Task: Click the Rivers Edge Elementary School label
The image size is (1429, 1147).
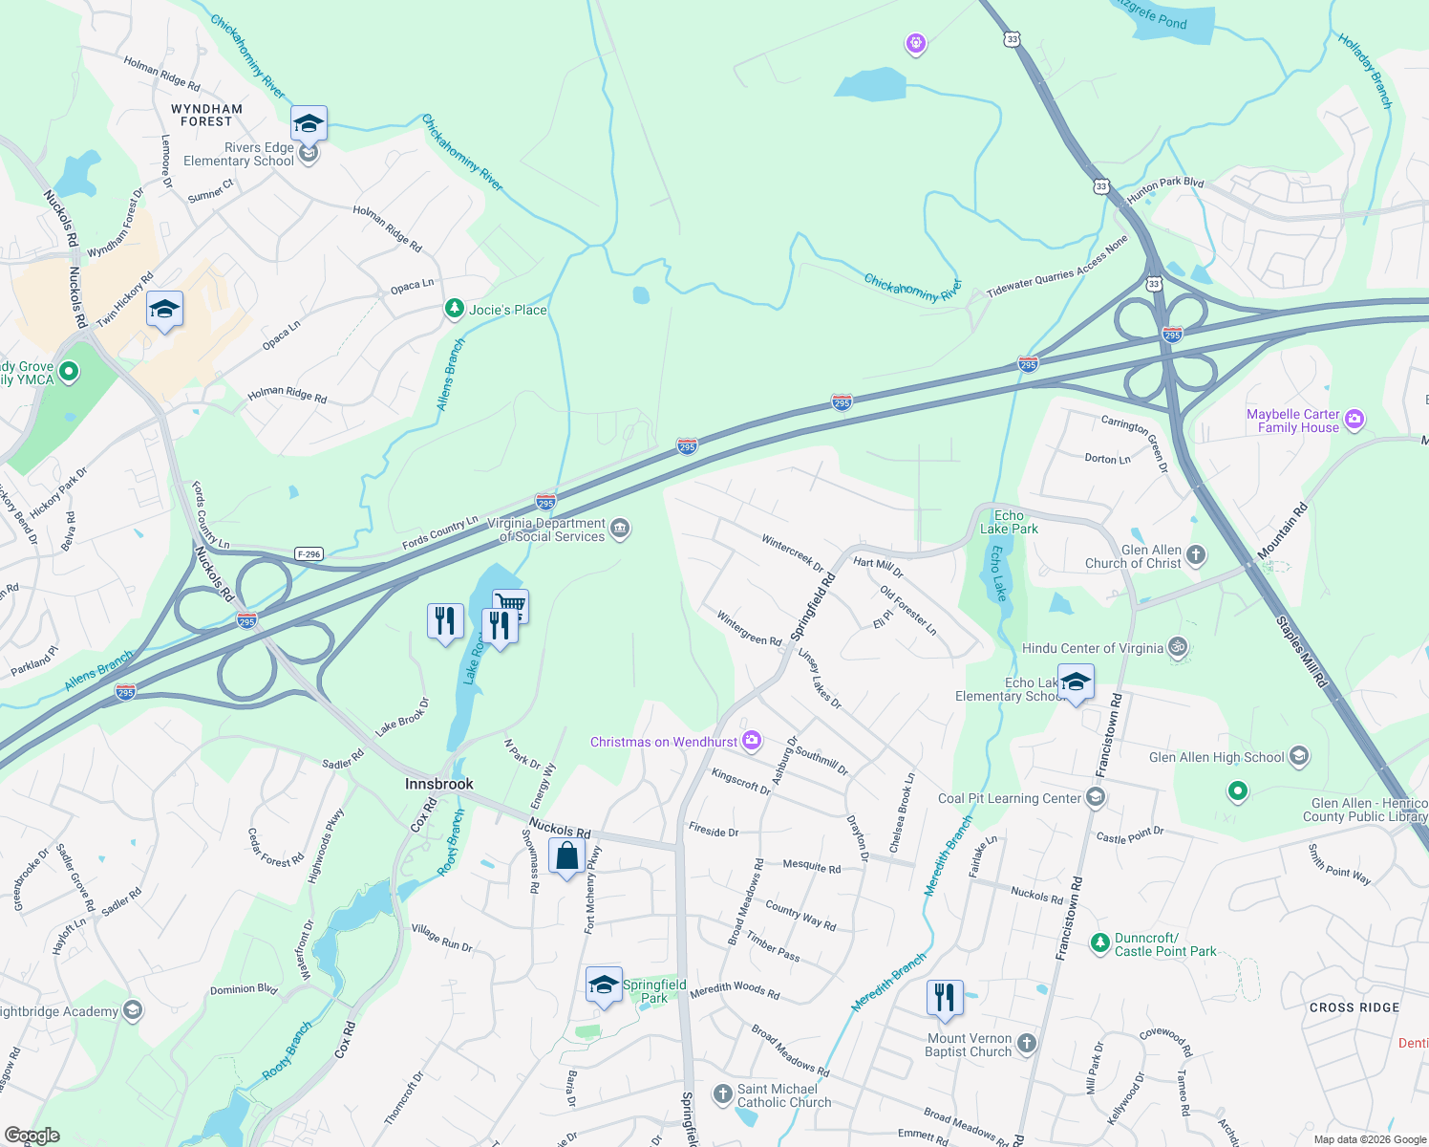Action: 238,155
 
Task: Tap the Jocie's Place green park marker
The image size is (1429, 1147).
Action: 456,309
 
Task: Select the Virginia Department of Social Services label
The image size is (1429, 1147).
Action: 546,530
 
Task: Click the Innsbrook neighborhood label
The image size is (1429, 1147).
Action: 439,784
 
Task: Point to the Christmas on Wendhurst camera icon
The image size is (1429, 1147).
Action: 752,741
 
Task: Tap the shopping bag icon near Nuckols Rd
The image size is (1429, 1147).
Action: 566,855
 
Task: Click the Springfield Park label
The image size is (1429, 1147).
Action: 654,991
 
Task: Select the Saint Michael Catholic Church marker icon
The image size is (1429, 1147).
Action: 723,1093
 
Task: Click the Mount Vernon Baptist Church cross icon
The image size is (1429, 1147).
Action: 1027,1043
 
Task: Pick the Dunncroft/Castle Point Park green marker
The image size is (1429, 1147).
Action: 1100,943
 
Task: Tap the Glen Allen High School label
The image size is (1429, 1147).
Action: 1216,757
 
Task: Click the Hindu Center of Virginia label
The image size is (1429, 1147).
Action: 1092,648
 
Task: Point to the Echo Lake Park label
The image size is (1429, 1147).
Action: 1009,522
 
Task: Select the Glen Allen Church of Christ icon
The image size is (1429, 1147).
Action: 1196,554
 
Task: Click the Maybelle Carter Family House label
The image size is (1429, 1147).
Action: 1292,421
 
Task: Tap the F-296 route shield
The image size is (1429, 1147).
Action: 309,554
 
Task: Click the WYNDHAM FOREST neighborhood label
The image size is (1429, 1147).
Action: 206,116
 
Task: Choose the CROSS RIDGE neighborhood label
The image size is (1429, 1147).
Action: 1354,1007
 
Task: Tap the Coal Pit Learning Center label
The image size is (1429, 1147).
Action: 1009,798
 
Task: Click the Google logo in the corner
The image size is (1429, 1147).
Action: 32,1136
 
